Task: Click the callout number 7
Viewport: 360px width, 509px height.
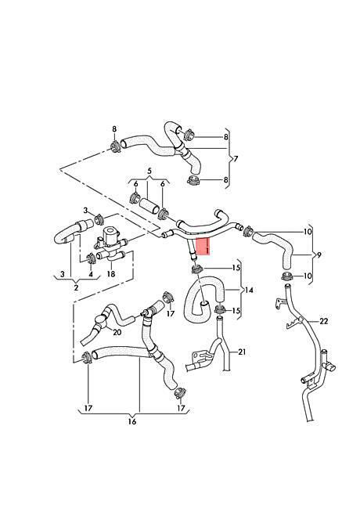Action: pos(236,159)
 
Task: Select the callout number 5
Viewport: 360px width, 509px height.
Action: pos(149,171)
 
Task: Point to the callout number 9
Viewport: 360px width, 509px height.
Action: pos(319,254)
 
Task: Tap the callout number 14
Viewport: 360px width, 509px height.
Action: pos(248,290)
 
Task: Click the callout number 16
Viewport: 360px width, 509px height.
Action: pos(132,421)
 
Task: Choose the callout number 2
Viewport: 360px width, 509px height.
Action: pos(76,287)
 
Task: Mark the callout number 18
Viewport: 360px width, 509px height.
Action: pos(111,274)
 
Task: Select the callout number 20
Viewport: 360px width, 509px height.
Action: pos(117,332)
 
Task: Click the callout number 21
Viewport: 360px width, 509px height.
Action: pos(242,352)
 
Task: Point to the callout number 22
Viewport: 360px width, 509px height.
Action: pos(324,321)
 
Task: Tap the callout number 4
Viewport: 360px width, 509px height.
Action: pos(91,274)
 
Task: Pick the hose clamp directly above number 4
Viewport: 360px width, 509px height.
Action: pos(90,258)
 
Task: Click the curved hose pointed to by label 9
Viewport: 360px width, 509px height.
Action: pos(276,246)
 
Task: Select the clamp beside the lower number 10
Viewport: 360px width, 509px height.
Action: pos(287,277)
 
